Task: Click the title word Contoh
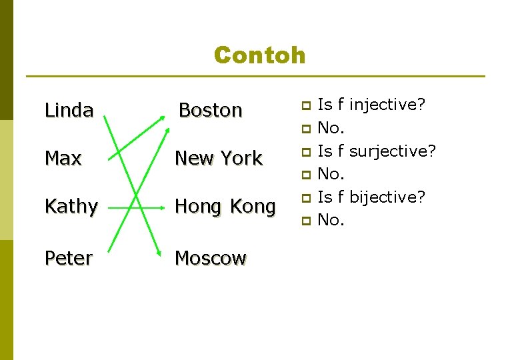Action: coord(259,55)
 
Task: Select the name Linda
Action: coord(69,110)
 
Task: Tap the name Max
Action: coord(63,159)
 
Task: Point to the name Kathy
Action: coord(71,207)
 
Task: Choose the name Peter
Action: coord(68,259)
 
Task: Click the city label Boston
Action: coord(211,110)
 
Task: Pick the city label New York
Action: coord(218,159)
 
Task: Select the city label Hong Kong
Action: coord(225,207)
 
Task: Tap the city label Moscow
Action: coord(211,259)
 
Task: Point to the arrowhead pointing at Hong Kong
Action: coord(161,207)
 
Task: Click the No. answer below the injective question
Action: coord(331,127)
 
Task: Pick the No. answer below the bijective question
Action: coord(331,220)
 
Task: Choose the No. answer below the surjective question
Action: coord(331,174)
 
